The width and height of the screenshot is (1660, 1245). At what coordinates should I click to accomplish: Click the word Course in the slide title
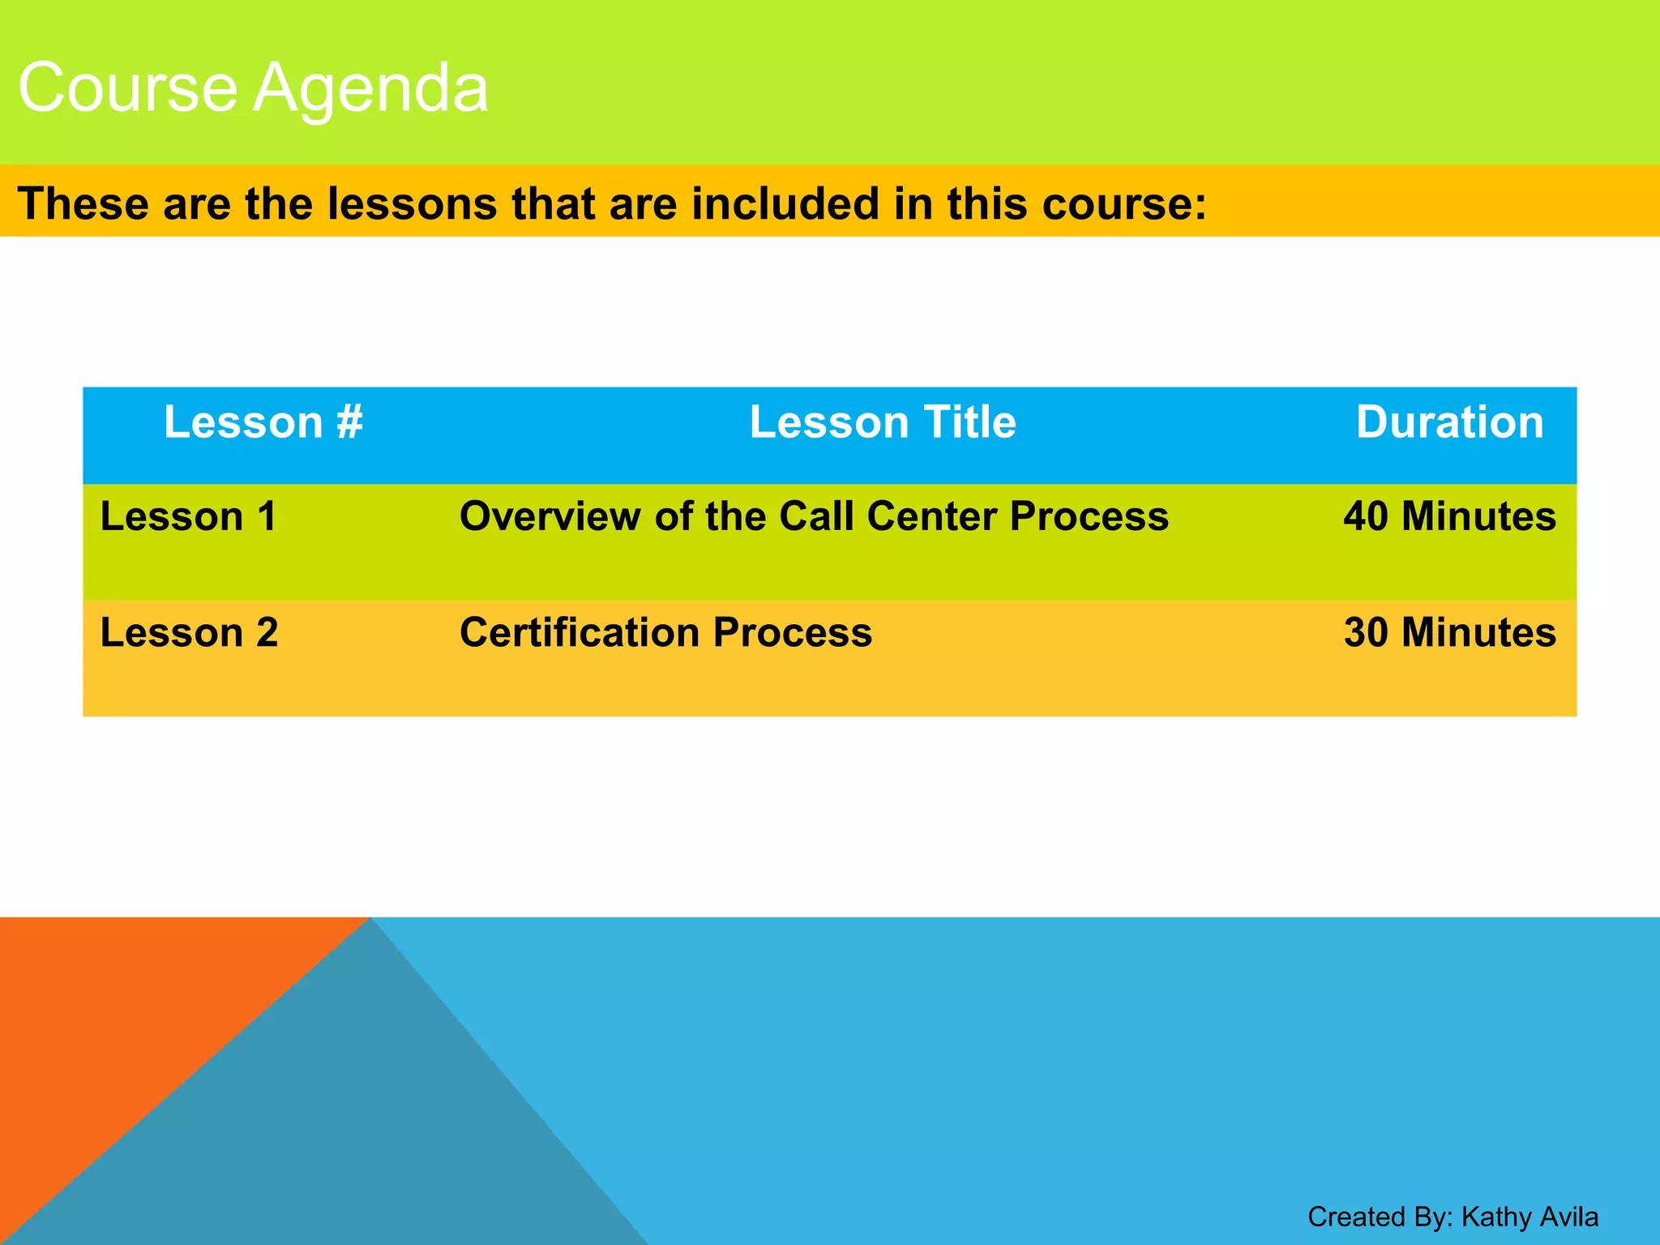tap(127, 88)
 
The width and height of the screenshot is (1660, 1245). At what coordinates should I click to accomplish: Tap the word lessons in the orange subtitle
tap(412, 203)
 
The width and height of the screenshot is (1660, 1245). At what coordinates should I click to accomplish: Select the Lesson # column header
tap(263, 422)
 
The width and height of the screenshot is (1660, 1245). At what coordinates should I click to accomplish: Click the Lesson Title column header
tap(882, 422)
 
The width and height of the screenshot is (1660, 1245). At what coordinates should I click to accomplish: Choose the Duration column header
tap(1449, 422)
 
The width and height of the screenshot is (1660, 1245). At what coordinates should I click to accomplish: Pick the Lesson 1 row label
tap(189, 516)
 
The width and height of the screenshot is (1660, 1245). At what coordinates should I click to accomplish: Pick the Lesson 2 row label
tap(189, 632)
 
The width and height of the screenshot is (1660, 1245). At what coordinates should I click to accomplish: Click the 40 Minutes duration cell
tap(1449, 516)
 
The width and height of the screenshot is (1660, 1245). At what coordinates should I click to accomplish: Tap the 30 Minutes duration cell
tap(1449, 632)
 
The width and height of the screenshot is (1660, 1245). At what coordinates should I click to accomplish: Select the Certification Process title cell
tap(665, 632)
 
